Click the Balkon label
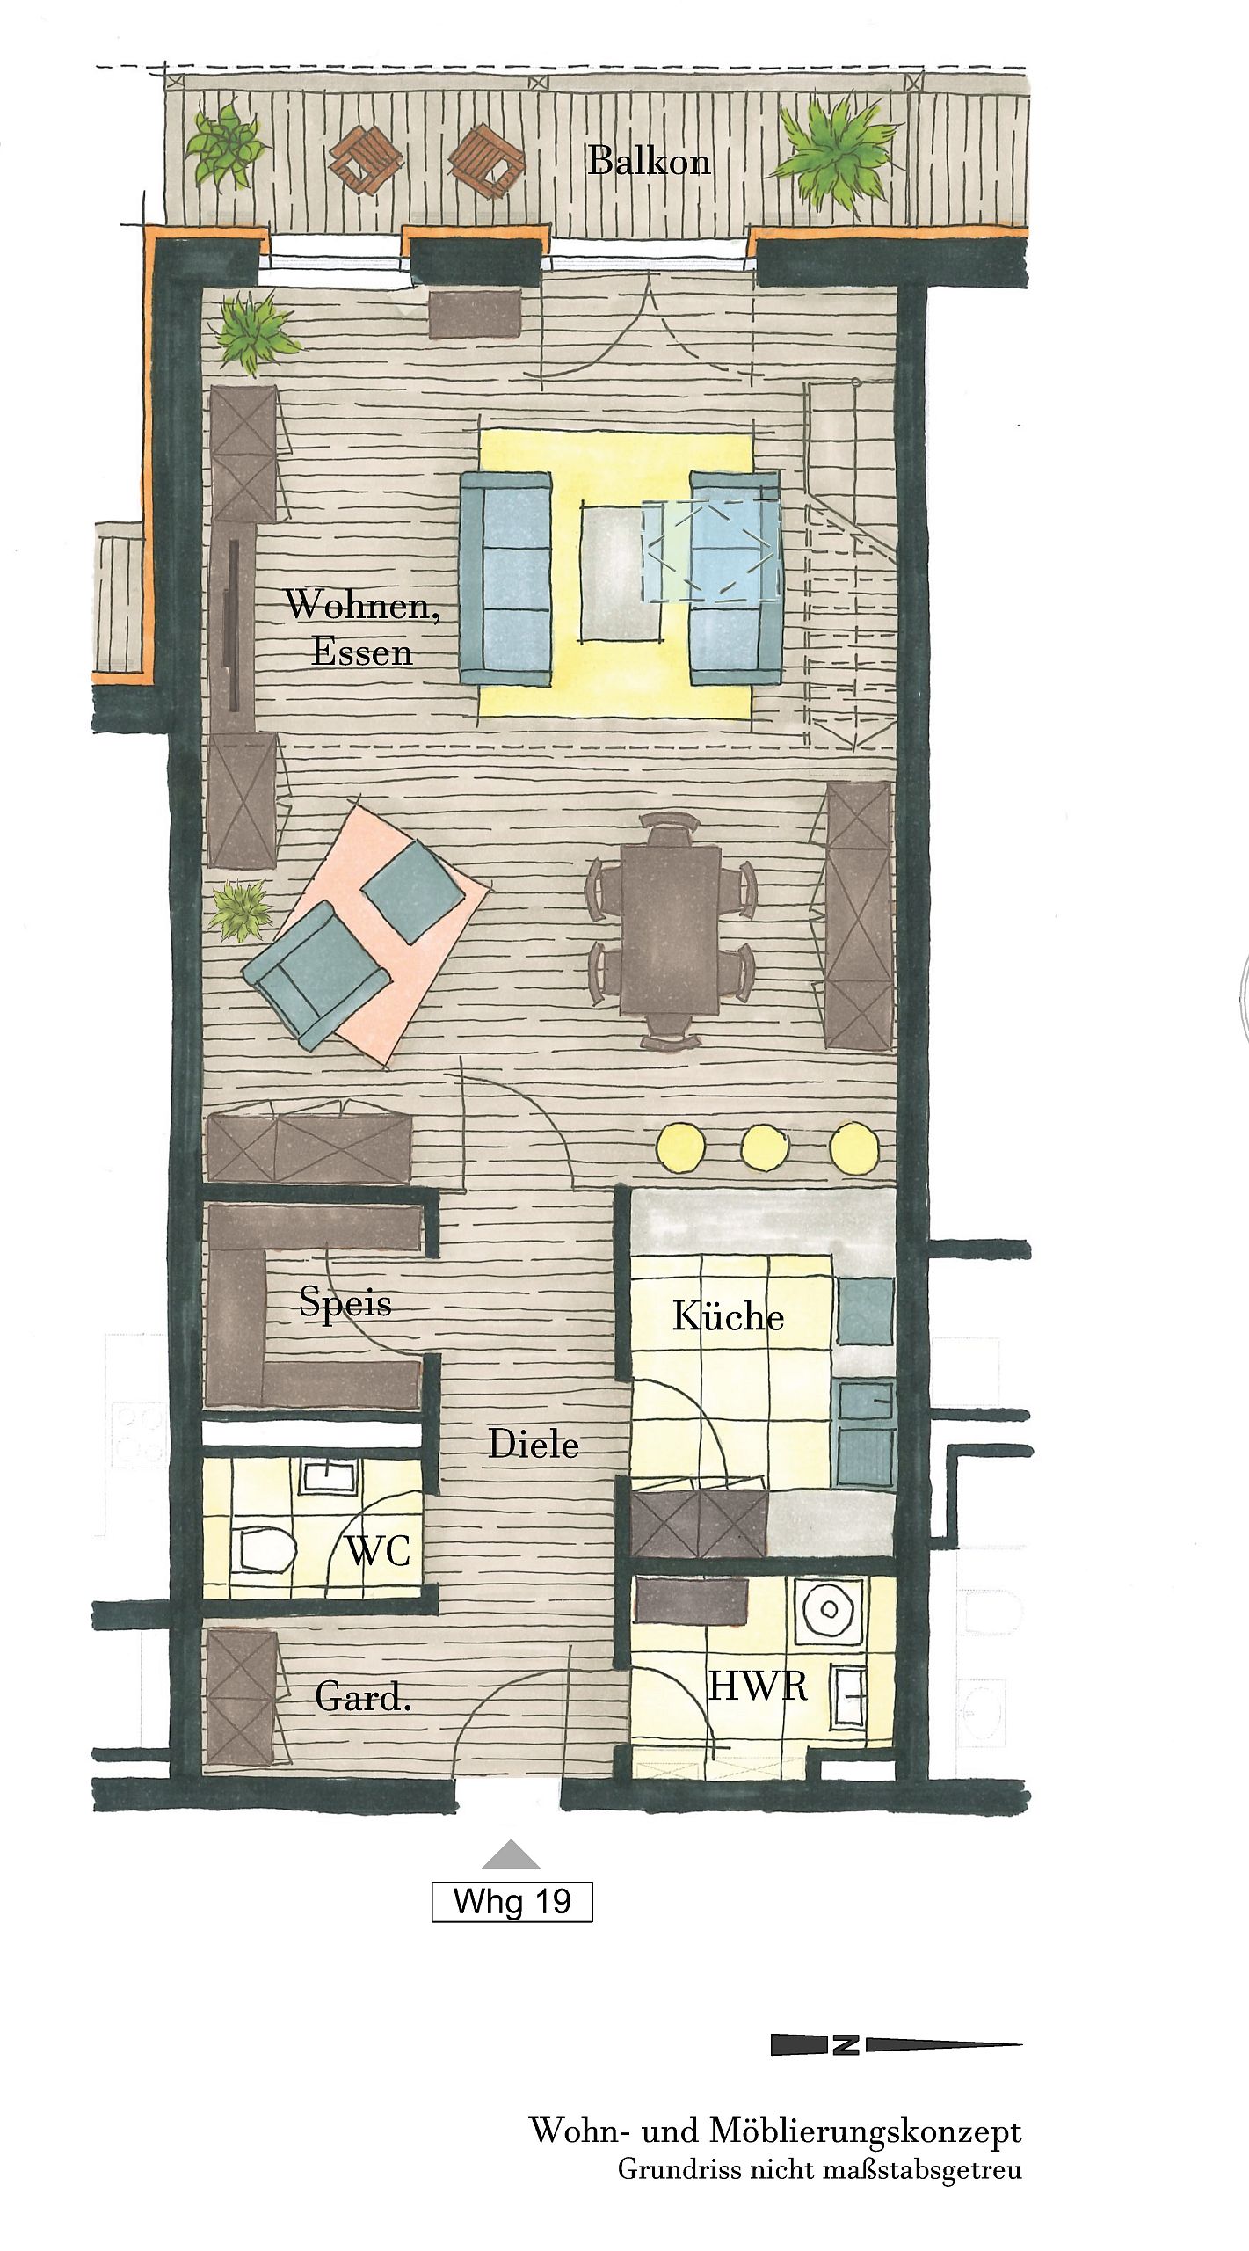click(x=649, y=162)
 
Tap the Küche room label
click(x=728, y=1315)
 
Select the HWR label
click(x=758, y=1686)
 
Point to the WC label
click(x=379, y=1551)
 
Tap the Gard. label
click(x=363, y=1697)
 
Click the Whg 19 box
click(x=512, y=1902)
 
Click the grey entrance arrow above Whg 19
click(x=511, y=1854)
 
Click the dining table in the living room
click(x=670, y=929)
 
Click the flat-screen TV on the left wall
click(x=235, y=626)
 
